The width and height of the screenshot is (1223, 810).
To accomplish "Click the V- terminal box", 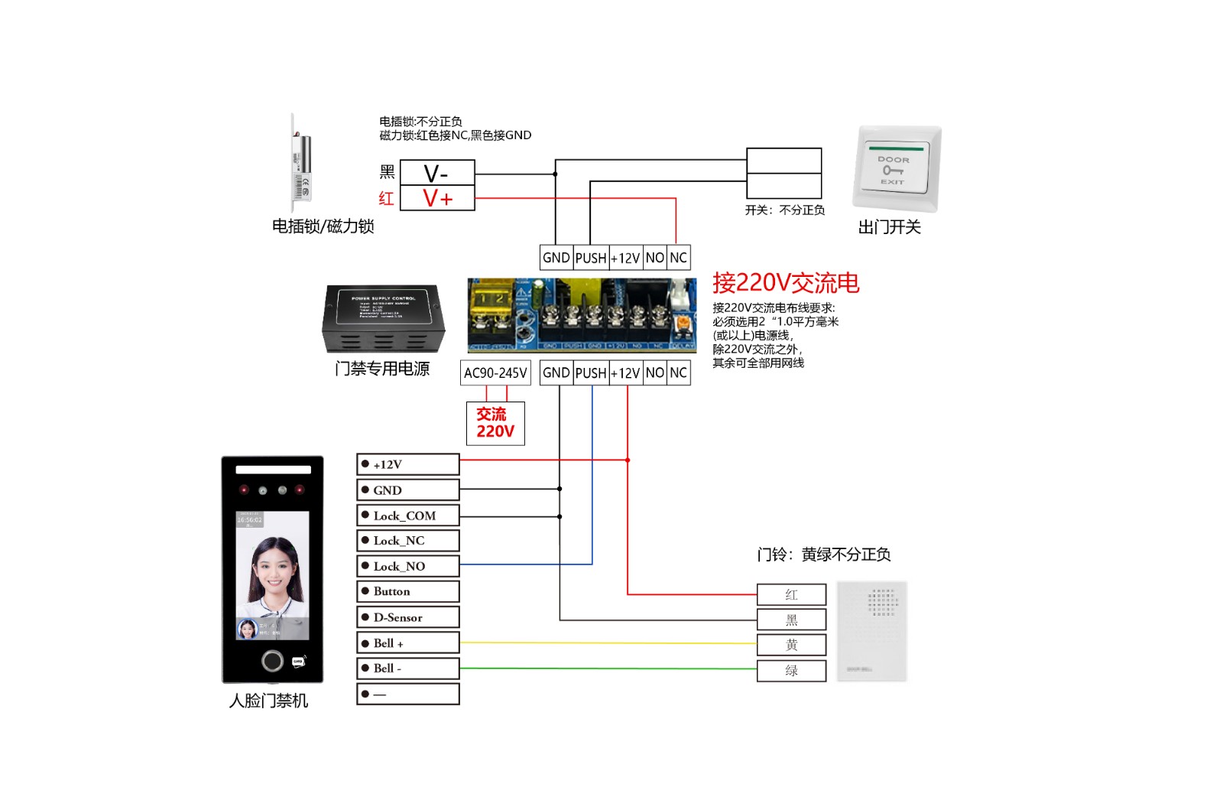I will [x=437, y=173].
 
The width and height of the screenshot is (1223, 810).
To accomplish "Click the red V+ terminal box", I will [x=437, y=198].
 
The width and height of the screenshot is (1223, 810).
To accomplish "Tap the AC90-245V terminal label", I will [x=495, y=373].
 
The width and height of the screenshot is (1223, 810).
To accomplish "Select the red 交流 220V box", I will [x=495, y=423].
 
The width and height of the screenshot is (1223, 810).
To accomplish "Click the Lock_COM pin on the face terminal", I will [x=408, y=516].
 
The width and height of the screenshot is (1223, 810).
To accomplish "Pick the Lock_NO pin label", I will [x=408, y=566].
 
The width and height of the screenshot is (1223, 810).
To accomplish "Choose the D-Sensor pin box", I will [x=408, y=617].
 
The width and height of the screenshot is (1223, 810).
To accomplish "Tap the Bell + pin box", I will [x=408, y=643].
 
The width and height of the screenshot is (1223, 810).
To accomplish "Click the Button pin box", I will [x=408, y=591].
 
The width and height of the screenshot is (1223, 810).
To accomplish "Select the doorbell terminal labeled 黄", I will [x=791, y=645].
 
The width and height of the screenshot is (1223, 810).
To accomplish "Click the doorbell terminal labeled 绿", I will [x=791, y=671].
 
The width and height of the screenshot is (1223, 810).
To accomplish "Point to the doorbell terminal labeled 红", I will [x=791, y=594].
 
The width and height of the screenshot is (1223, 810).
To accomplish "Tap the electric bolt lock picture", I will [x=301, y=163].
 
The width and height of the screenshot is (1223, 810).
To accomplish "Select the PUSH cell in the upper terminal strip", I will [x=591, y=258].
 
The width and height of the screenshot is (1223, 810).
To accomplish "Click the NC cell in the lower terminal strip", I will [x=678, y=373].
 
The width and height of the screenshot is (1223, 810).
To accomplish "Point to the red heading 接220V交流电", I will [x=786, y=283].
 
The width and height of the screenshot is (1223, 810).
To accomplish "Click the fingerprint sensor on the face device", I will [x=272, y=660].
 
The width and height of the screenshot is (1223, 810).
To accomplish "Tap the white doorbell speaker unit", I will [x=871, y=631].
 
